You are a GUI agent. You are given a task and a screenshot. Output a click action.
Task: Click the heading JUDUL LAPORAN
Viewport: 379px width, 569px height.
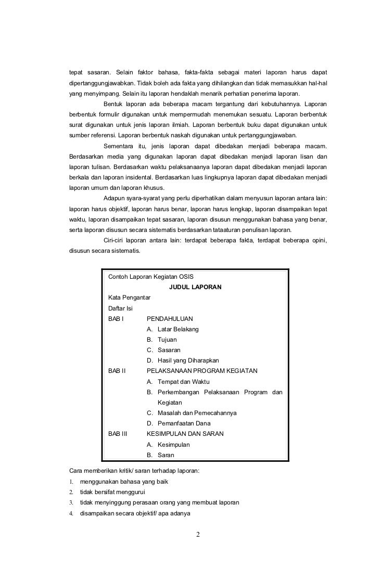point(195,287)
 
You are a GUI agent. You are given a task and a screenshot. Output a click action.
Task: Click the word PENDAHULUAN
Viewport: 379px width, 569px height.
point(170,318)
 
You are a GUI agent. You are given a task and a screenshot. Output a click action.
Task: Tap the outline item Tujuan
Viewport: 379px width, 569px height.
point(167,340)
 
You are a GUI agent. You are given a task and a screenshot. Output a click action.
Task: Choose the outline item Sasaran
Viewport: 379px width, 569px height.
point(169,350)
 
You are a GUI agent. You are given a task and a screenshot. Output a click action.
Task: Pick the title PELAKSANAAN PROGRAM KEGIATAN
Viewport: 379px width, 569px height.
point(202,371)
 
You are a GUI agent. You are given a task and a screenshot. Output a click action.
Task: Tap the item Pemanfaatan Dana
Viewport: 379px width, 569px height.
point(184,423)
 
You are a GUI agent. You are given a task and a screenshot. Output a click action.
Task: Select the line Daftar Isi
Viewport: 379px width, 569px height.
point(120,308)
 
